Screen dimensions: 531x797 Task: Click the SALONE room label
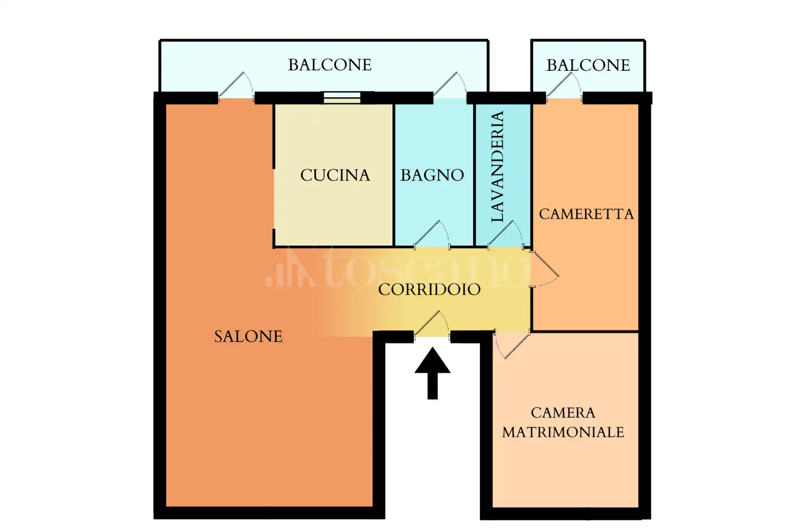coord(249,336)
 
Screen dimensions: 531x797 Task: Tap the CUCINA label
coord(335,175)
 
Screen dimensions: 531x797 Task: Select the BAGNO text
coord(432,175)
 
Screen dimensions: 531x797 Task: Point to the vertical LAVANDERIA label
coord(498,166)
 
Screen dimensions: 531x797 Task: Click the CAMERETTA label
coord(586,214)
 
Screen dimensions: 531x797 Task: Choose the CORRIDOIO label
coord(429,289)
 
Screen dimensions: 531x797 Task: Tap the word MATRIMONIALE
coord(563,433)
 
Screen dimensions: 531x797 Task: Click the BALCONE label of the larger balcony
coord(330,65)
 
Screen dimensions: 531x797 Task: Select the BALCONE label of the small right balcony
coord(588,65)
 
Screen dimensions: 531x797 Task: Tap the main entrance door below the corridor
coord(432,326)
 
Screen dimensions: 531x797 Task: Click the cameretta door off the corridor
coord(543,269)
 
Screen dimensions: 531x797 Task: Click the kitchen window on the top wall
coord(342,98)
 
